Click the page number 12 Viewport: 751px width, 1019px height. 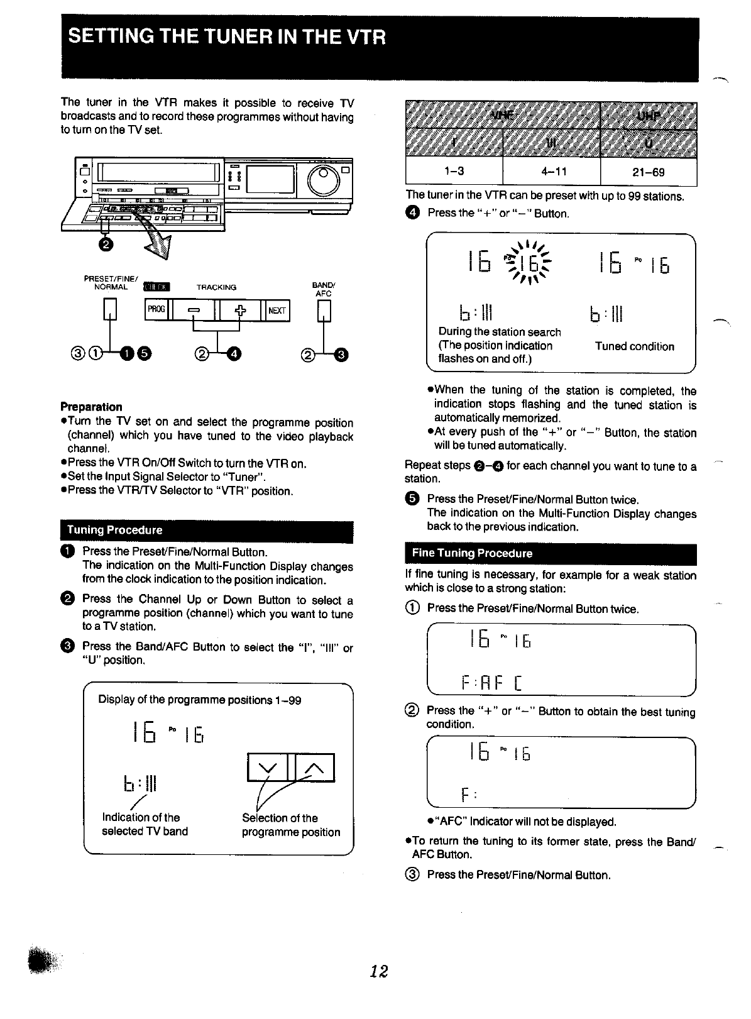[x=378, y=971]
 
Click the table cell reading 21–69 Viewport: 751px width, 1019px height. [x=649, y=172]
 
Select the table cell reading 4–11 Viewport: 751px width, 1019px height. [x=551, y=172]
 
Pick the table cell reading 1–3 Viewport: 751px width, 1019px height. [x=454, y=172]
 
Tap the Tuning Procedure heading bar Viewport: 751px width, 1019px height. [x=206, y=530]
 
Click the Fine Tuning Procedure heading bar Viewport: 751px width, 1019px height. [x=551, y=553]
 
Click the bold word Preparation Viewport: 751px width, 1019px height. [x=91, y=407]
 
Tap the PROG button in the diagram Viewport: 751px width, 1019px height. [x=156, y=309]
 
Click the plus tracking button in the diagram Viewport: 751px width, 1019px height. [x=239, y=310]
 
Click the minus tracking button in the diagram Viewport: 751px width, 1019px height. [x=192, y=310]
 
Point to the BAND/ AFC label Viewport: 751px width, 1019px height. [x=324, y=289]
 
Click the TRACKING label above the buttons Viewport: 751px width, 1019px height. [x=216, y=287]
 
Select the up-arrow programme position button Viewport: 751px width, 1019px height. [x=312, y=768]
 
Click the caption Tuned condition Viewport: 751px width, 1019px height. [x=634, y=346]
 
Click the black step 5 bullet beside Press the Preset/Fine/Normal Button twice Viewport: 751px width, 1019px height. [x=411, y=500]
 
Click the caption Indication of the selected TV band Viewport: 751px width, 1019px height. [x=145, y=825]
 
